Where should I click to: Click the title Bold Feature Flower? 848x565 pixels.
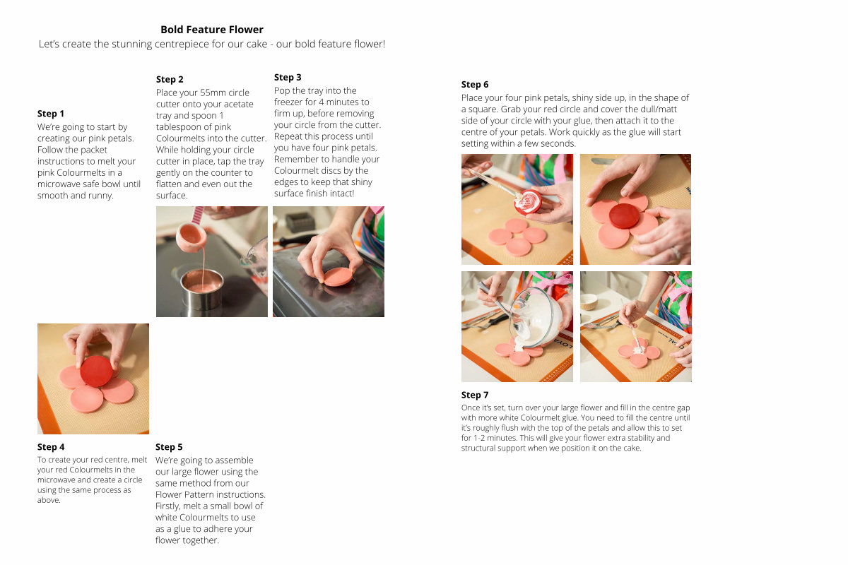[211, 30]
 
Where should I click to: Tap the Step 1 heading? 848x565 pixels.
[51, 114]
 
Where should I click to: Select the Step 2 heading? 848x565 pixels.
[170, 79]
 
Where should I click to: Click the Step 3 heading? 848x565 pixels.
[288, 77]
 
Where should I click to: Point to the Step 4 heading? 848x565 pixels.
[51, 447]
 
